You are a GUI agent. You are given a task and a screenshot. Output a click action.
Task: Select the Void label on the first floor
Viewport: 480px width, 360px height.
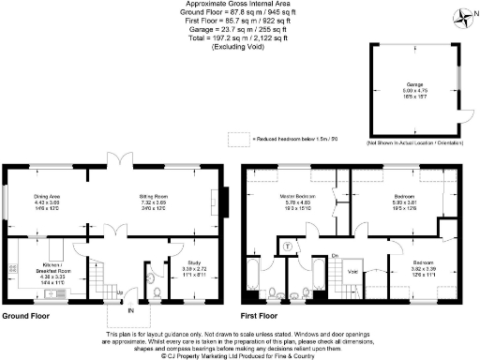click(x=353, y=273)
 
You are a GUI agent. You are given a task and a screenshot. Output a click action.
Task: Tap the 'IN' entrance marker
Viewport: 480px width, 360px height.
click(x=131, y=310)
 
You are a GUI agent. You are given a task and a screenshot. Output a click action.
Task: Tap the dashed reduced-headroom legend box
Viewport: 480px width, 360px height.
click(x=241, y=138)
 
